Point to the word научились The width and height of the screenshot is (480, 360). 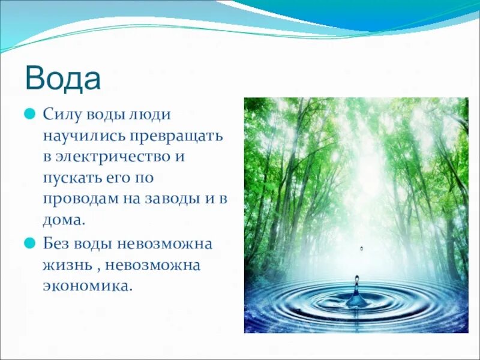pos(79,136)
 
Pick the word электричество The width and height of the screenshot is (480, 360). pos(118,157)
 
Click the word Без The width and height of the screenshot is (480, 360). pos(55,243)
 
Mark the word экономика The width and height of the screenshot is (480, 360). pos(86,286)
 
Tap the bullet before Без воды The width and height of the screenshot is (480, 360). pos(29,243)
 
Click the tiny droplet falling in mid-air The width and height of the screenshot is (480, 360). pos(361,248)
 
